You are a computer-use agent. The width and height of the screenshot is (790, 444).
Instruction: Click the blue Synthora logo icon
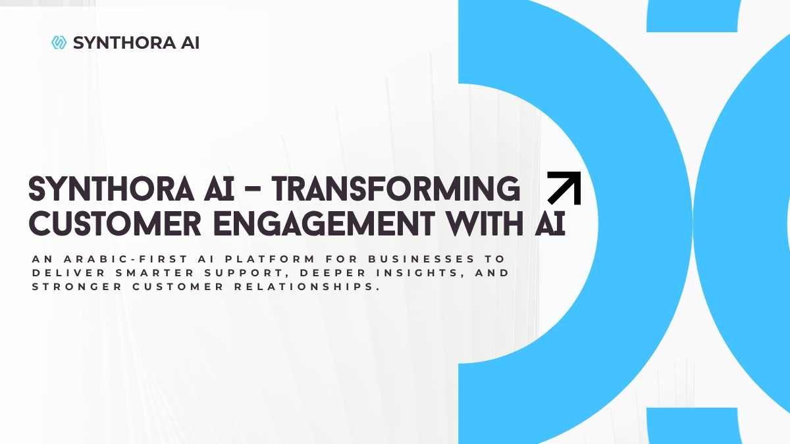tap(59, 43)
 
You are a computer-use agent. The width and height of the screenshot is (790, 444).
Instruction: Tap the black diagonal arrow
tap(564, 188)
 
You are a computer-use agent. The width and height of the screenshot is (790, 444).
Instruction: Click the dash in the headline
tap(253, 189)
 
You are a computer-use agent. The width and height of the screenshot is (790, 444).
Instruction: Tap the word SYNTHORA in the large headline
tap(111, 189)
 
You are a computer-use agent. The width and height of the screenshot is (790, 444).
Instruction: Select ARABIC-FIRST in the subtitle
tap(126, 259)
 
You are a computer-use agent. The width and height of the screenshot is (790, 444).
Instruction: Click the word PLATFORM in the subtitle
tap(270, 259)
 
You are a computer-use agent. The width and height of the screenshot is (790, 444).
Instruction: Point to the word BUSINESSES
tap(422, 259)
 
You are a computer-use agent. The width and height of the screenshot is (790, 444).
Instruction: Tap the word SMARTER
tap(155, 273)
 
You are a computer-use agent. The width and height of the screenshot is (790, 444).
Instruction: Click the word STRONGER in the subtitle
tap(77, 287)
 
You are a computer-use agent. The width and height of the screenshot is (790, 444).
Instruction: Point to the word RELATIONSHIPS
tap(307, 287)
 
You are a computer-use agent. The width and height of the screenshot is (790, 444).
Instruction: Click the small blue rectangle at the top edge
tap(692, 16)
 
